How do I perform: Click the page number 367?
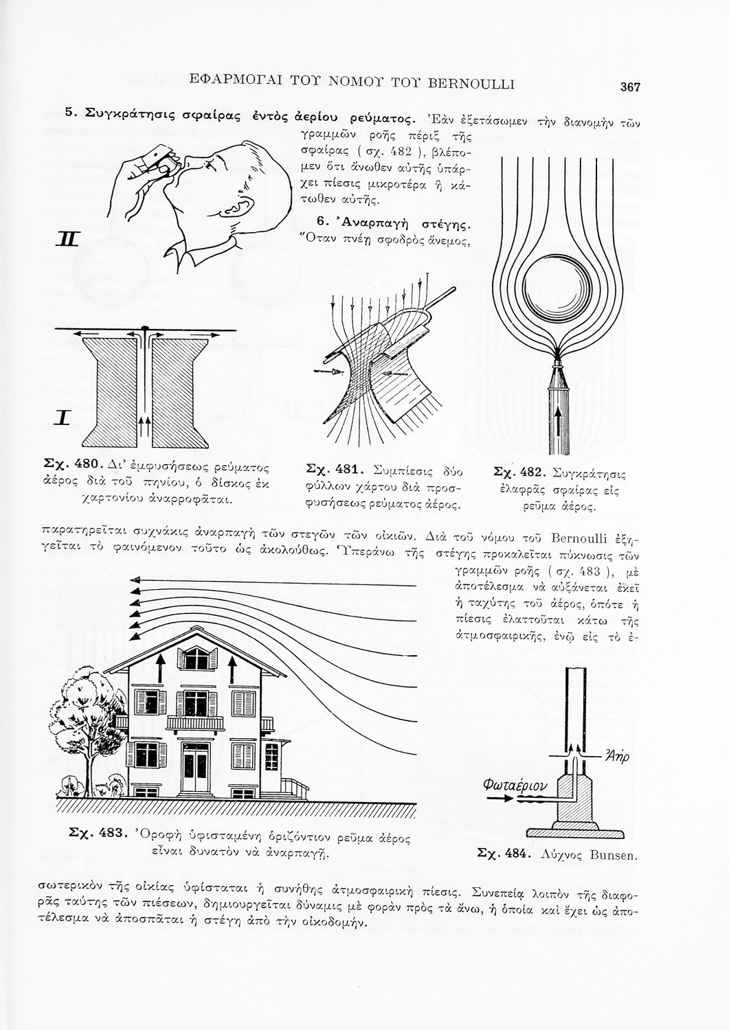(630, 87)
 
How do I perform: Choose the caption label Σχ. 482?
(519, 473)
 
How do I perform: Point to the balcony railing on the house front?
(195, 722)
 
